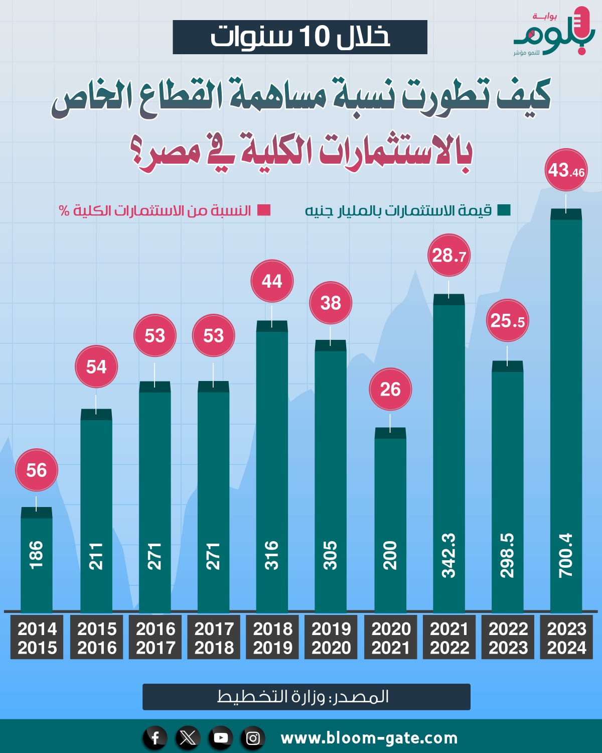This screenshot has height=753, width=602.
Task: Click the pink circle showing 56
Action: point(36,470)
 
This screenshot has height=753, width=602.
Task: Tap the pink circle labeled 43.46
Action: point(566,170)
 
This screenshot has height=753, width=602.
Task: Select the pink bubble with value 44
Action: point(272,281)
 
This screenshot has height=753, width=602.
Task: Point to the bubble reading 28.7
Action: point(449,255)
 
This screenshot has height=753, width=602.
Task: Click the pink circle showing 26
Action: point(390,389)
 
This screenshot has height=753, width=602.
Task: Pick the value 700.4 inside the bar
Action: point(566,555)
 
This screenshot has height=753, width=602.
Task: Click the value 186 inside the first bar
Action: point(36,555)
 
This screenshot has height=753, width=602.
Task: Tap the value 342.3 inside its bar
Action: point(449,555)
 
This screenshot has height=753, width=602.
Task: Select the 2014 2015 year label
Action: point(37,638)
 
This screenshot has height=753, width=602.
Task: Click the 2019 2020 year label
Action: point(331,638)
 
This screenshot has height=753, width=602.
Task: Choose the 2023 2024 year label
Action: point(566,638)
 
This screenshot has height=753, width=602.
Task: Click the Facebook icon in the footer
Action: point(155,738)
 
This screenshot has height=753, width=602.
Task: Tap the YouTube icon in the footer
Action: point(221,738)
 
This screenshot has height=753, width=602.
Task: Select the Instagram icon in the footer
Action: point(253,738)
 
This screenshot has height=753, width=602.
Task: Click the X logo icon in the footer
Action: point(188,738)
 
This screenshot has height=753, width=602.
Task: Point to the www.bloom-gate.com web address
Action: point(369,738)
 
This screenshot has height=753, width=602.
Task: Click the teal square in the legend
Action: point(504,210)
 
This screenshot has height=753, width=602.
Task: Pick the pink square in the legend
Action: point(264,210)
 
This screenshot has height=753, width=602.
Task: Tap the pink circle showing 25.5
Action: point(507,320)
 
